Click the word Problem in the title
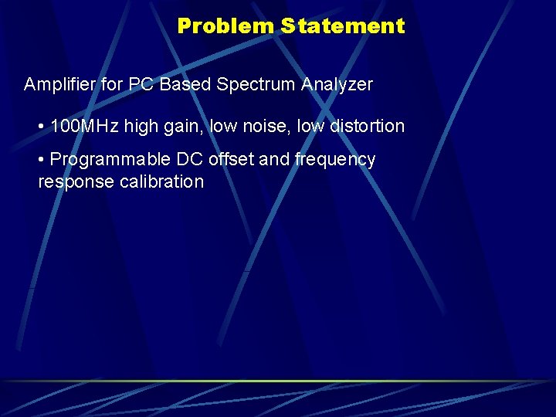225,26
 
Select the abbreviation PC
141,85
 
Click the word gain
185,127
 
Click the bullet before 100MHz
41,126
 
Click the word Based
187,85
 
